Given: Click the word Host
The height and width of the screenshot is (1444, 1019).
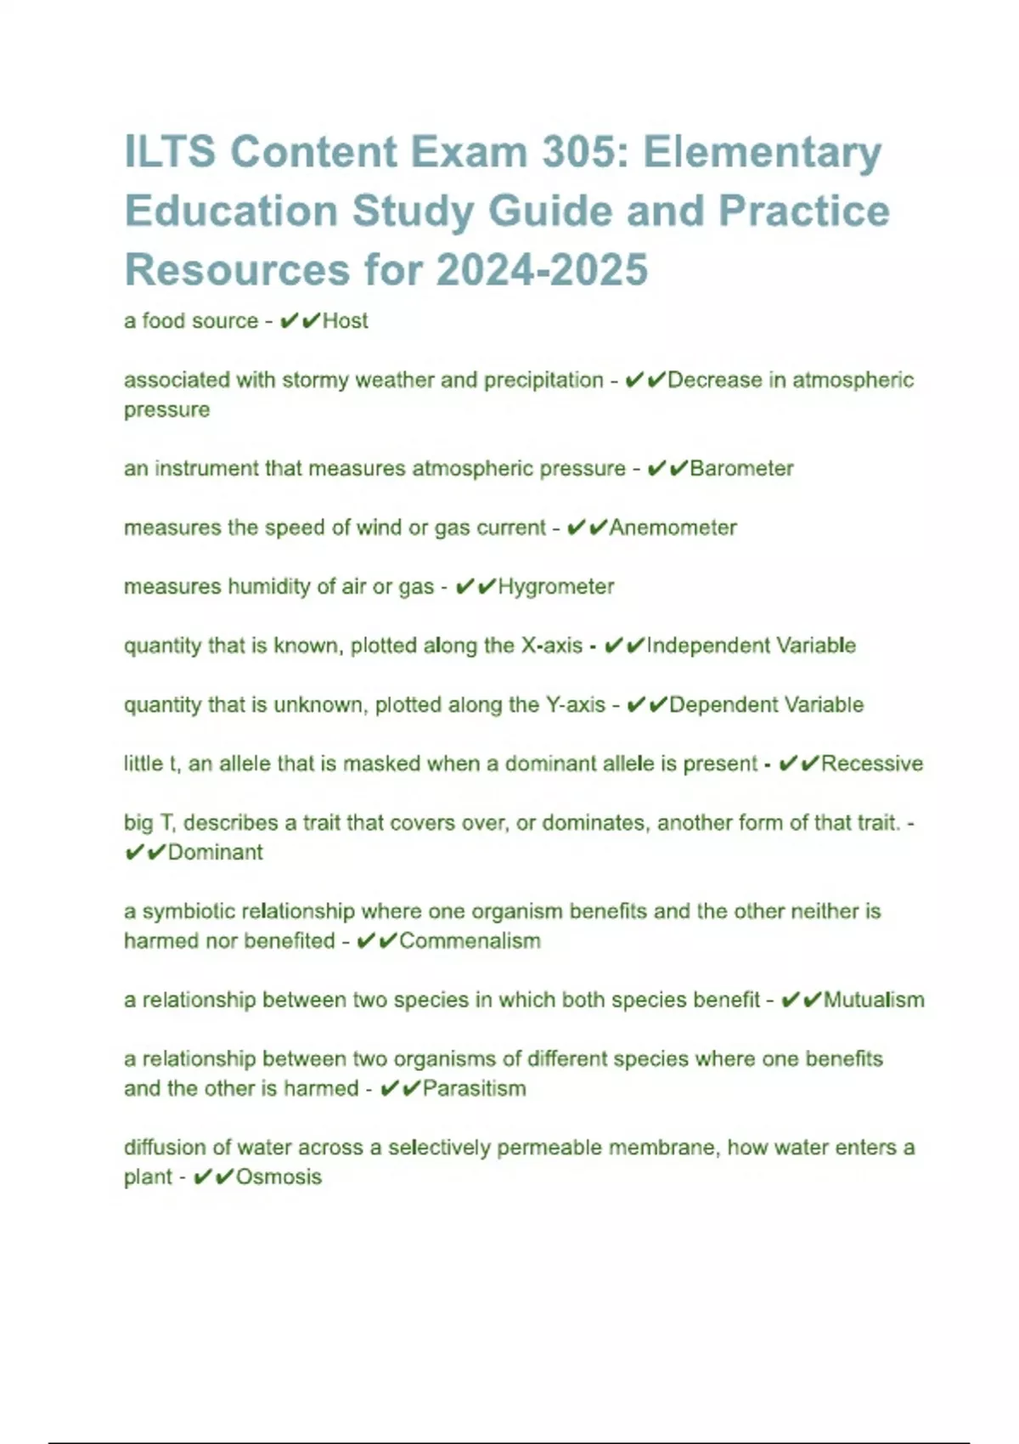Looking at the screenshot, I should tap(345, 321).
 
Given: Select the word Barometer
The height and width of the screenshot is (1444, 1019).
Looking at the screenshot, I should tap(741, 469).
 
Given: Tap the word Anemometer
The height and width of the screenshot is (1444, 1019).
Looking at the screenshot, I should tap(673, 527).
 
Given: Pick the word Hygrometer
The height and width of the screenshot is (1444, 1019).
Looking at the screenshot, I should tap(555, 587).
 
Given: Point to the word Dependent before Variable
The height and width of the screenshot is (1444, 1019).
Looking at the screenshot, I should tap(723, 705).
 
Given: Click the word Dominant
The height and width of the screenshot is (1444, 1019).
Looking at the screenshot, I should tap(215, 852).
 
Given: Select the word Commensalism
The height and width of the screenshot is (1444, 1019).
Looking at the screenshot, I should tap(470, 941).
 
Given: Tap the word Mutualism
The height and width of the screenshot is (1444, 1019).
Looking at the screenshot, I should tap(874, 1000).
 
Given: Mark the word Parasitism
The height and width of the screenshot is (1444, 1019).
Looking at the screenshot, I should tap(474, 1089).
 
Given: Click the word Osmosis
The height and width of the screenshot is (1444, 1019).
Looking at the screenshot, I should tap(279, 1177).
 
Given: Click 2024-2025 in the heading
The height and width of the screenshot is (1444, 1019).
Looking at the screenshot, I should tap(542, 270).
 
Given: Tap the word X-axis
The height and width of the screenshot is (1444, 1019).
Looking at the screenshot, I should tap(551, 646).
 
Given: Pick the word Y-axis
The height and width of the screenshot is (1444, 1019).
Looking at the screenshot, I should tap(575, 705).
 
